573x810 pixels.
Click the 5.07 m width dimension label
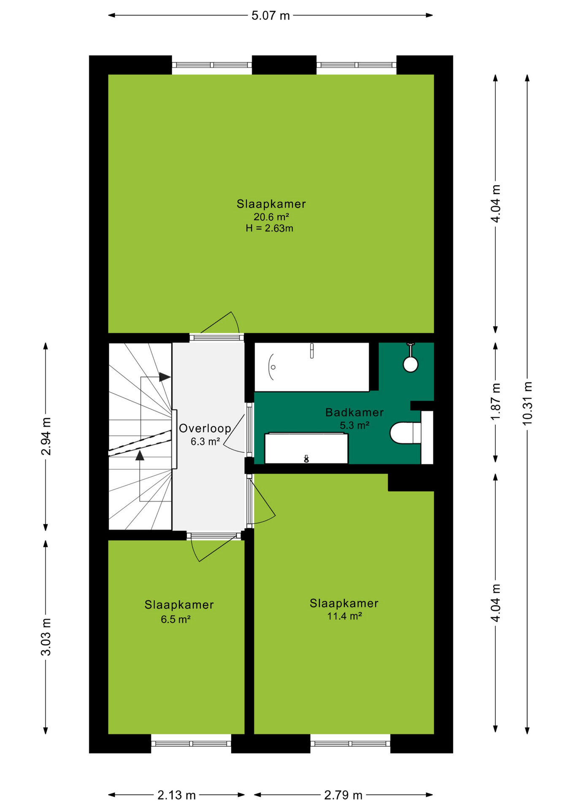point(270,16)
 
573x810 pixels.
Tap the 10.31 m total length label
point(527,403)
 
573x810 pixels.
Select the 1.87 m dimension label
point(496,401)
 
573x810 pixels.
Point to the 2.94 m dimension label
point(46,436)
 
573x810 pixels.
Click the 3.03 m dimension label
point(46,637)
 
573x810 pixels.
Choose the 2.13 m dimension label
point(176,795)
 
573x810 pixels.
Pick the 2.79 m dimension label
point(343,795)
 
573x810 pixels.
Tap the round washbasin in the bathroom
point(411,364)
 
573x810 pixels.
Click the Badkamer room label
point(354,413)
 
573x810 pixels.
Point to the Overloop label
point(205,429)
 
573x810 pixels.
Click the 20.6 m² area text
point(271,217)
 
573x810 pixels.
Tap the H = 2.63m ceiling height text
point(270,228)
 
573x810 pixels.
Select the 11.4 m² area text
point(345,616)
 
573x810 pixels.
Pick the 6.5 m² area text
point(176,619)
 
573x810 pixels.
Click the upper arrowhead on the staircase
point(165,377)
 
